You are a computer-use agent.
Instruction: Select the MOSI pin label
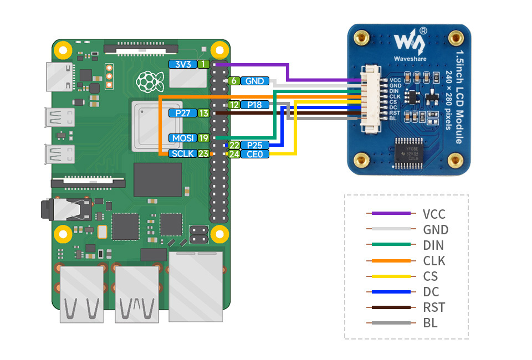pyautogui.click(x=182, y=138)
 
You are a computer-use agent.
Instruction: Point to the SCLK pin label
pyautogui.click(x=183, y=153)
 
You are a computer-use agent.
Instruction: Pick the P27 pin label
pyautogui.click(x=182, y=113)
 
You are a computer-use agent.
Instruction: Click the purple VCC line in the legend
pyautogui.click(x=391, y=213)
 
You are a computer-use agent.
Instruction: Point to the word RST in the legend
pyautogui.click(x=433, y=307)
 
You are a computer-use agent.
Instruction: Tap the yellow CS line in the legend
pyautogui.click(x=391, y=276)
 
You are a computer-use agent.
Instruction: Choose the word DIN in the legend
pyautogui.click(x=433, y=245)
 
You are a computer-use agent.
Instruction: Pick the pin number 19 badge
pyautogui.click(x=203, y=138)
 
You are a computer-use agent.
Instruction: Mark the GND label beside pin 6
pyautogui.click(x=255, y=81)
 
